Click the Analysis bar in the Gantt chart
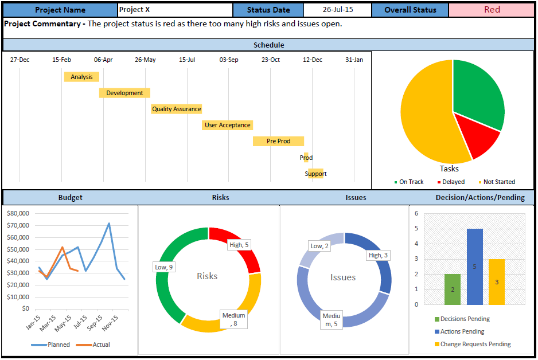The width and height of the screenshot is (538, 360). (x=81, y=77)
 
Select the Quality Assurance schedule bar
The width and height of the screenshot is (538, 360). (x=176, y=109)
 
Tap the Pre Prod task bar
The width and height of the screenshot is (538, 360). (x=278, y=141)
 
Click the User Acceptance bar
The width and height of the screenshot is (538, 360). (x=227, y=125)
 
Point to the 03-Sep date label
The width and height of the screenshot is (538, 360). (x=229, y=60)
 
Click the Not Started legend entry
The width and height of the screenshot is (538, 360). (x=498, y=182)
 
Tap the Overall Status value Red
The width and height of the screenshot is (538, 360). (x=492, y=10)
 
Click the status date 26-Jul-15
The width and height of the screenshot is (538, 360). (x=337, y=10)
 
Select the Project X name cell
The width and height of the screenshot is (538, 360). (x=175, y=10)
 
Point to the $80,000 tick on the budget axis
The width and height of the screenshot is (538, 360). (x=18, y=213)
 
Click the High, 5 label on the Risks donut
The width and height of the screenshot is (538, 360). (x=239, y=245)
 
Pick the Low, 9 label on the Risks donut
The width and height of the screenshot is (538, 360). (x=164, y=267)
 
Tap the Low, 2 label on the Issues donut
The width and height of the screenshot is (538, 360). (x=319, y=246)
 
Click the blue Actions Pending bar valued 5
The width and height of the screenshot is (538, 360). (x=475, y=267)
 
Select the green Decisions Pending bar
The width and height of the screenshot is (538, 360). (x=452, y=289)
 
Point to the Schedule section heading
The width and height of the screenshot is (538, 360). (x=268, y=45)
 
